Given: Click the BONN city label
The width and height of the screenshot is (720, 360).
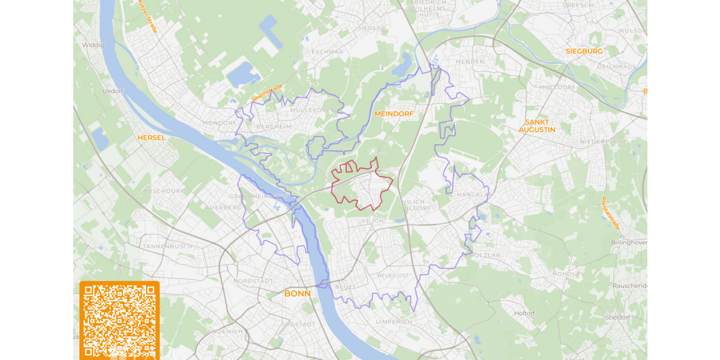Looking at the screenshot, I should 298,293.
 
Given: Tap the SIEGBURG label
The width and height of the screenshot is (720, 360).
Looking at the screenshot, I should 584,51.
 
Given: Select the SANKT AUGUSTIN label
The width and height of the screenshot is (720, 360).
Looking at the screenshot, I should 537,126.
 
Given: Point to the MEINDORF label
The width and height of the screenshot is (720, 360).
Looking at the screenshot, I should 394,113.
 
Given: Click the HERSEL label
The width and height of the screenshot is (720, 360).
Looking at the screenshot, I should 151,137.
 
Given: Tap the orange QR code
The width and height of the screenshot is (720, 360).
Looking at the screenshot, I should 119,320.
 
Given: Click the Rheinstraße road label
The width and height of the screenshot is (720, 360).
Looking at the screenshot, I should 267,93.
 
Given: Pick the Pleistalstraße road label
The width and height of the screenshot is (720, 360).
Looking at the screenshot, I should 610,213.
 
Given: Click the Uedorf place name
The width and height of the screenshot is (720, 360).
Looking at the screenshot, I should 112,91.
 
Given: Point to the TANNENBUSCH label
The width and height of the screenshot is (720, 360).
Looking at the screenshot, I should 167,246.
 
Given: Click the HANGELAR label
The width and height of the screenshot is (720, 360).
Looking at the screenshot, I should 474,195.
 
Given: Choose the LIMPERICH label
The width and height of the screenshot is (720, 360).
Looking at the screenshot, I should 394,322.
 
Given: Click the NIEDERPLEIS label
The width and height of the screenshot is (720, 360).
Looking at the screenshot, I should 602,142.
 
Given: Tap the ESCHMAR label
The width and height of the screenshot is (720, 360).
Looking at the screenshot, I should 328,52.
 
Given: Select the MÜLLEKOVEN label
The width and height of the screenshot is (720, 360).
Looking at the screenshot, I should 313,110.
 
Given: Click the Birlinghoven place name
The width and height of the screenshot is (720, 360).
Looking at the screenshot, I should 628,242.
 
